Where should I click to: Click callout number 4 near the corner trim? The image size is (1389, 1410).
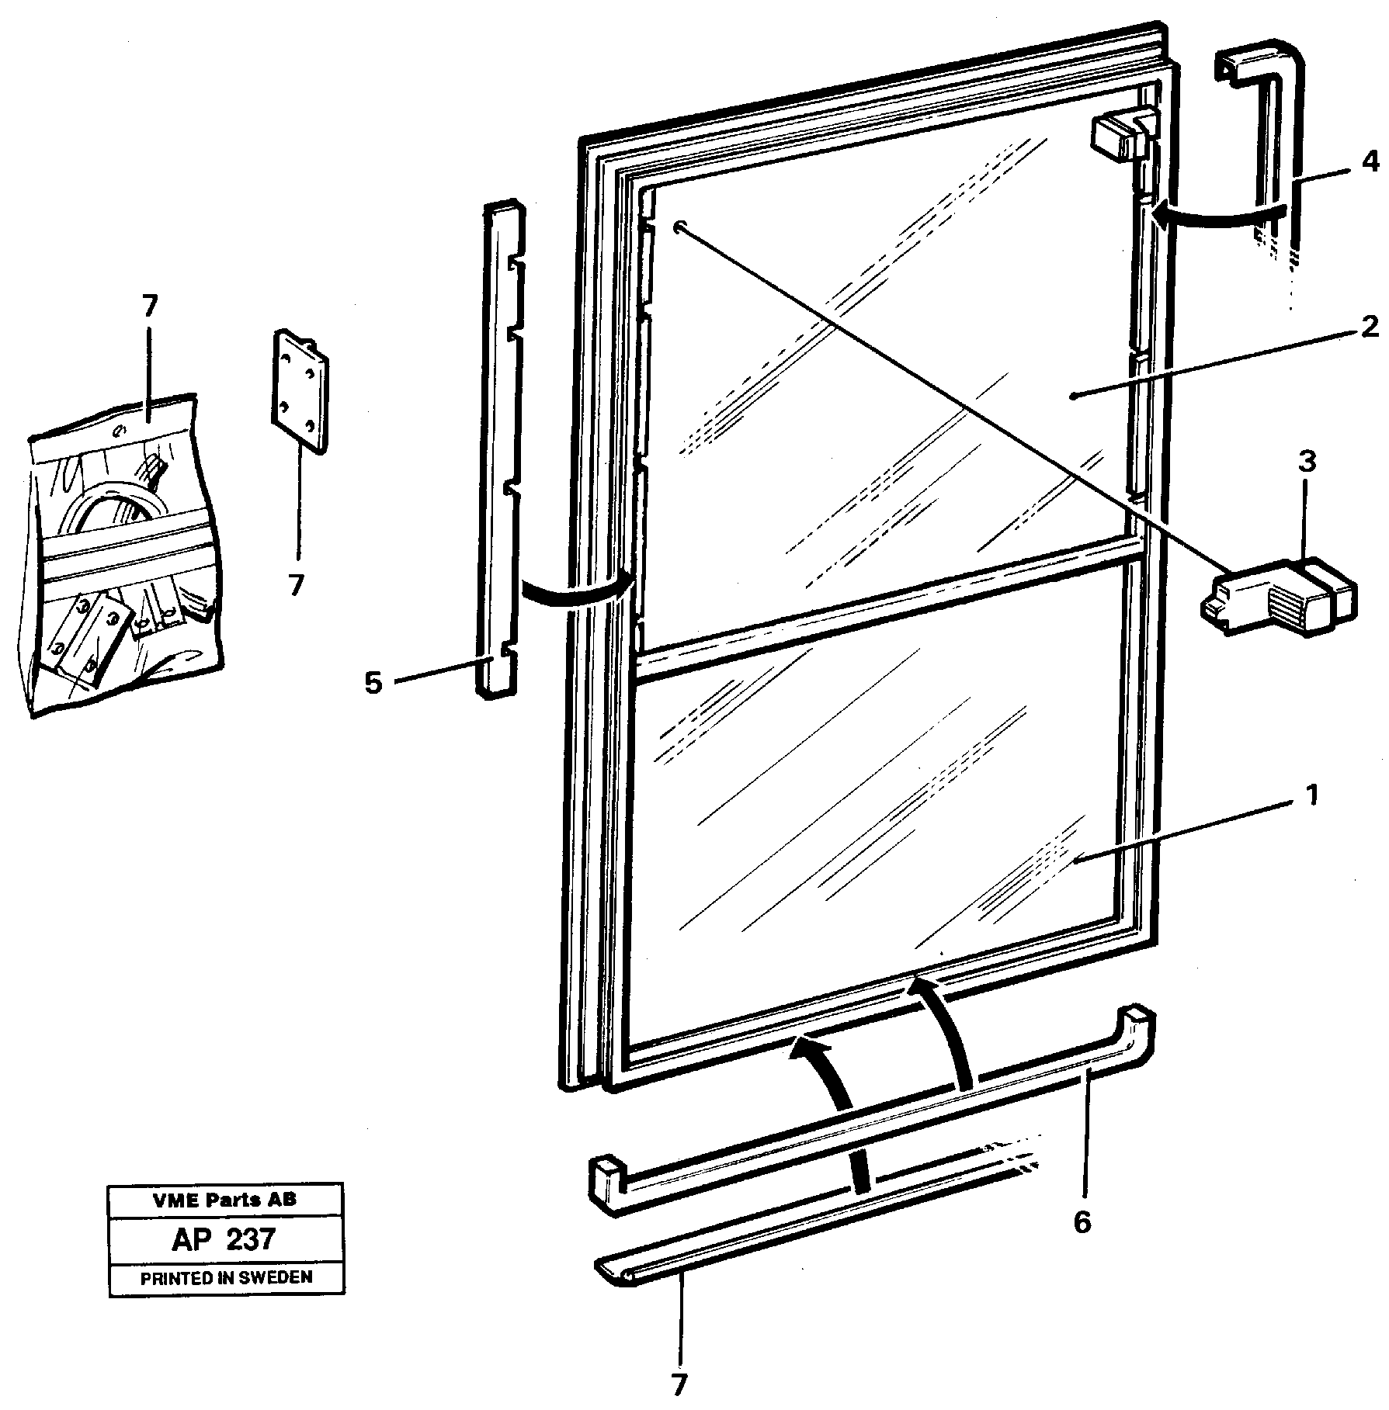coord(1370,162)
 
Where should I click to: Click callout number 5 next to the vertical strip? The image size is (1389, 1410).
coord(373,684)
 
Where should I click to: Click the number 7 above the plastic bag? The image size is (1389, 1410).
coord(149,307)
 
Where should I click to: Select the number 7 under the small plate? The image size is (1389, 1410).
coord(296,584)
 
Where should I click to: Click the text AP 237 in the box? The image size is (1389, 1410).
coord(224,1239)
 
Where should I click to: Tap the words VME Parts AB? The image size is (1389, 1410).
coord(224,1200)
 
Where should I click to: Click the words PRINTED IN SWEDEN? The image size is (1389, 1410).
coord(226,1277)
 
